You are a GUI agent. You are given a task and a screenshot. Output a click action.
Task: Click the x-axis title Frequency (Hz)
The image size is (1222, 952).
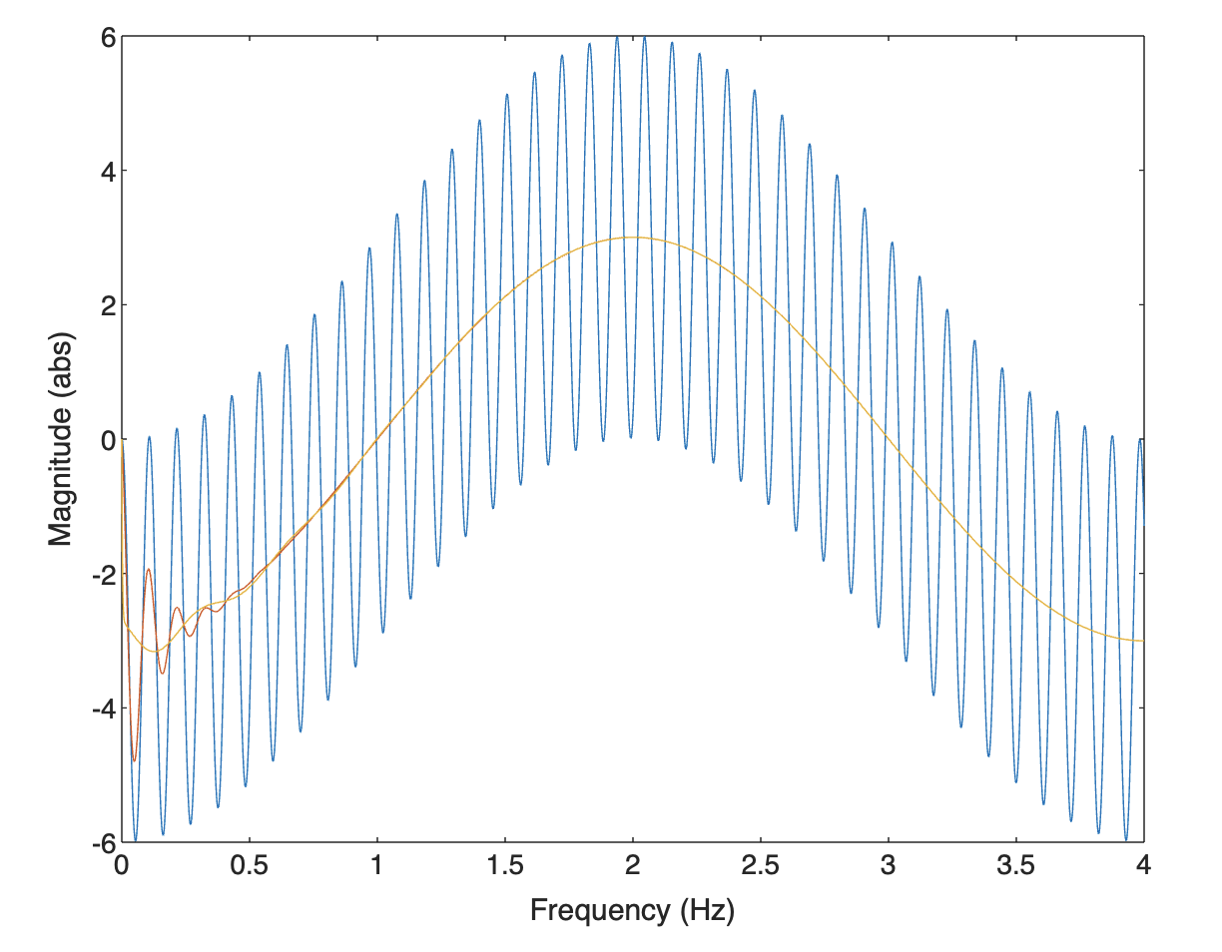(632, 911)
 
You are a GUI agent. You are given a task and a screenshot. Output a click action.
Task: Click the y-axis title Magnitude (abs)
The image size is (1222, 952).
(62, 439)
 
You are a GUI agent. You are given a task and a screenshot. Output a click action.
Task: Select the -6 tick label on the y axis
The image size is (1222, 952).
(100, 843)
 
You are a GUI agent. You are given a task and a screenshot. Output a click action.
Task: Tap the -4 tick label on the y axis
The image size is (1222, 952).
(100, 709)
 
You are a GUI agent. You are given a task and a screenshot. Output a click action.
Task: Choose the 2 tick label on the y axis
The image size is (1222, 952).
(105, 305)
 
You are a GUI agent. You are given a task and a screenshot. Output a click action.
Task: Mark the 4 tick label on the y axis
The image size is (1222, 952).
(105, 172)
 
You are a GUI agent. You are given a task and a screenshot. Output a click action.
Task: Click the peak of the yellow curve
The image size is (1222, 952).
(633, 238)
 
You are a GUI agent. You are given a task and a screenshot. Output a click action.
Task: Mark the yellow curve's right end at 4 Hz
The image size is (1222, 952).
(1143, 641)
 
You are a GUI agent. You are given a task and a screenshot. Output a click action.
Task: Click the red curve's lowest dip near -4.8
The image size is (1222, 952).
(134, 760)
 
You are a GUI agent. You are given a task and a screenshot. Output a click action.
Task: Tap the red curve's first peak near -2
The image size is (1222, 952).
(149, 570)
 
